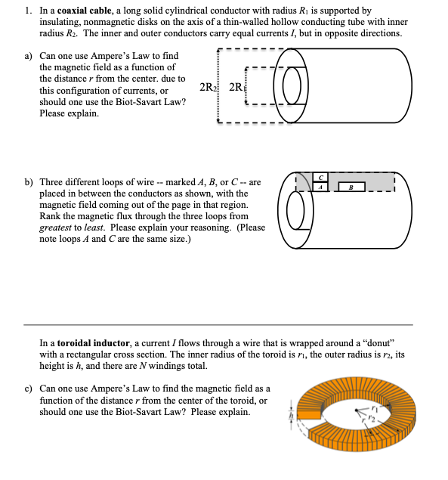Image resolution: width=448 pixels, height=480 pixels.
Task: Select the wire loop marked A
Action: [320, 186]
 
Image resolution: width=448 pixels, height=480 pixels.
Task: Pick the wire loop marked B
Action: [352, 186]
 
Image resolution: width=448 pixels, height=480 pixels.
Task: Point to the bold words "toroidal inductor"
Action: [88, 342]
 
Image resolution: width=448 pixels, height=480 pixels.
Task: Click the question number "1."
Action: [28, 11]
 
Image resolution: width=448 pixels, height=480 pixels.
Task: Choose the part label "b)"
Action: [29, 182]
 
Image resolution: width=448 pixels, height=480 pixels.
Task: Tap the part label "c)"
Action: [29, 389]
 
